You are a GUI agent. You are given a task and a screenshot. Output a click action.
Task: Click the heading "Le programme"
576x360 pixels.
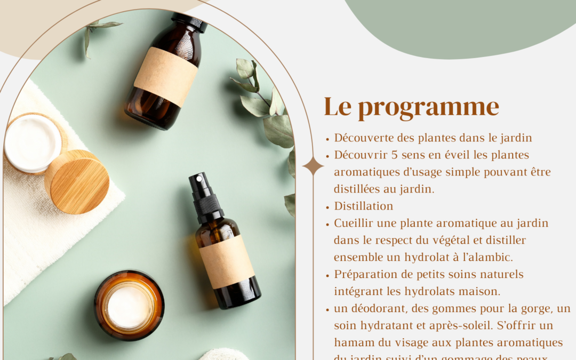pos(411,107)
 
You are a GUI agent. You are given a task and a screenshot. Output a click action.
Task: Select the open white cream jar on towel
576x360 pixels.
pos(33,143)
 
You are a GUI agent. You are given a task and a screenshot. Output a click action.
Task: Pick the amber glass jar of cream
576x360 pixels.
pos(129,305)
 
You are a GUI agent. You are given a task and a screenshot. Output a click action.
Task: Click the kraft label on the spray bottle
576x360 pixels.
pos(227,261)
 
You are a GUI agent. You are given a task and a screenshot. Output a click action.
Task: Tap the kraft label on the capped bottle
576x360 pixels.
pos(166,76)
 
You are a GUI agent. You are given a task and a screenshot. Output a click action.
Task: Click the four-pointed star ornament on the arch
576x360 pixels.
pos(313,166)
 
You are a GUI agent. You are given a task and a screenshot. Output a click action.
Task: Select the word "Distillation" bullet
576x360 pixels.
pos(364,206)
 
